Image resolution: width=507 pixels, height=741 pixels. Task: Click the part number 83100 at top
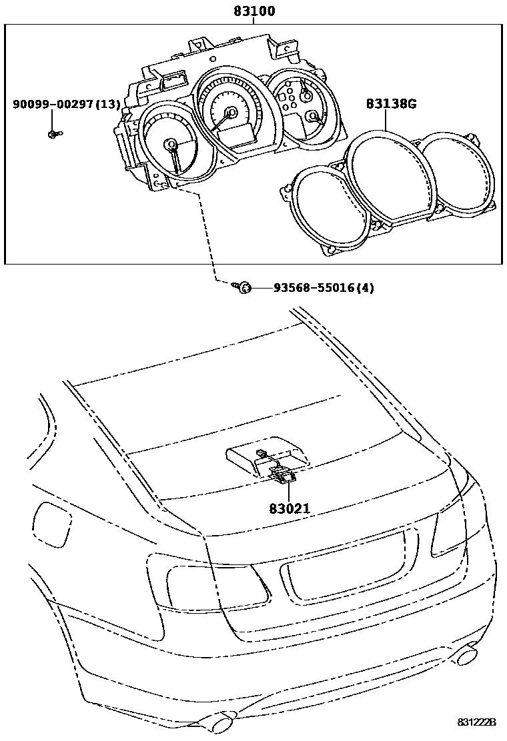(254, 11)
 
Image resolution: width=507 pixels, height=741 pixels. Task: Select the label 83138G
(391, 104)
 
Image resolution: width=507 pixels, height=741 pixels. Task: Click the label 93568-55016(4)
(324, 288)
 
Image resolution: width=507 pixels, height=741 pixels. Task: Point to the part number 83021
(290, 508)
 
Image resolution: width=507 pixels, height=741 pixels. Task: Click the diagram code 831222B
(477, 722)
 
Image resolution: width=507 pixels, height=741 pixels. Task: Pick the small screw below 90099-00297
(53, 135)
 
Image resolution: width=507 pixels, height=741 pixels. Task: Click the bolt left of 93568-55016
(243, 288)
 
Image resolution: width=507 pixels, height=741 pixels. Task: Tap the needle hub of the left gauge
(171, 144)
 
